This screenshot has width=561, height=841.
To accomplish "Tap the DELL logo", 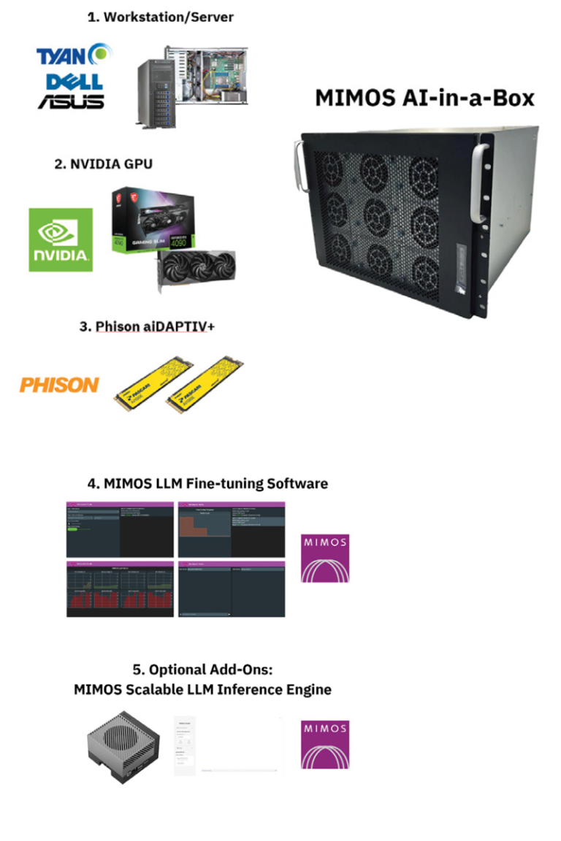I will [74, 80].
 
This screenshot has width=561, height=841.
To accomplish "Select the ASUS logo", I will [72, 101].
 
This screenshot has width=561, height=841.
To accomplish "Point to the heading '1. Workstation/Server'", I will [161, 17].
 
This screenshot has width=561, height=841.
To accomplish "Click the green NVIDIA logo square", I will [61, 239].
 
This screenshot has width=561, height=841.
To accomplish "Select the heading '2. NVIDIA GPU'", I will [104, 164].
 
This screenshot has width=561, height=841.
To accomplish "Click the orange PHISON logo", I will [58, 384].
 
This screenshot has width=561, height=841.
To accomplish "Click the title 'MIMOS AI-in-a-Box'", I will [424, 98].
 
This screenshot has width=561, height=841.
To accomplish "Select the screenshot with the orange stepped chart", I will [232, 529].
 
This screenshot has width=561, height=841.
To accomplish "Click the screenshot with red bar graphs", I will [120, 589].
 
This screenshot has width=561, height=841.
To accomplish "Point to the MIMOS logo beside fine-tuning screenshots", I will [325, 558].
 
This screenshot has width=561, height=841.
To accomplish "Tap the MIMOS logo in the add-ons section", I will [325, 745].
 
